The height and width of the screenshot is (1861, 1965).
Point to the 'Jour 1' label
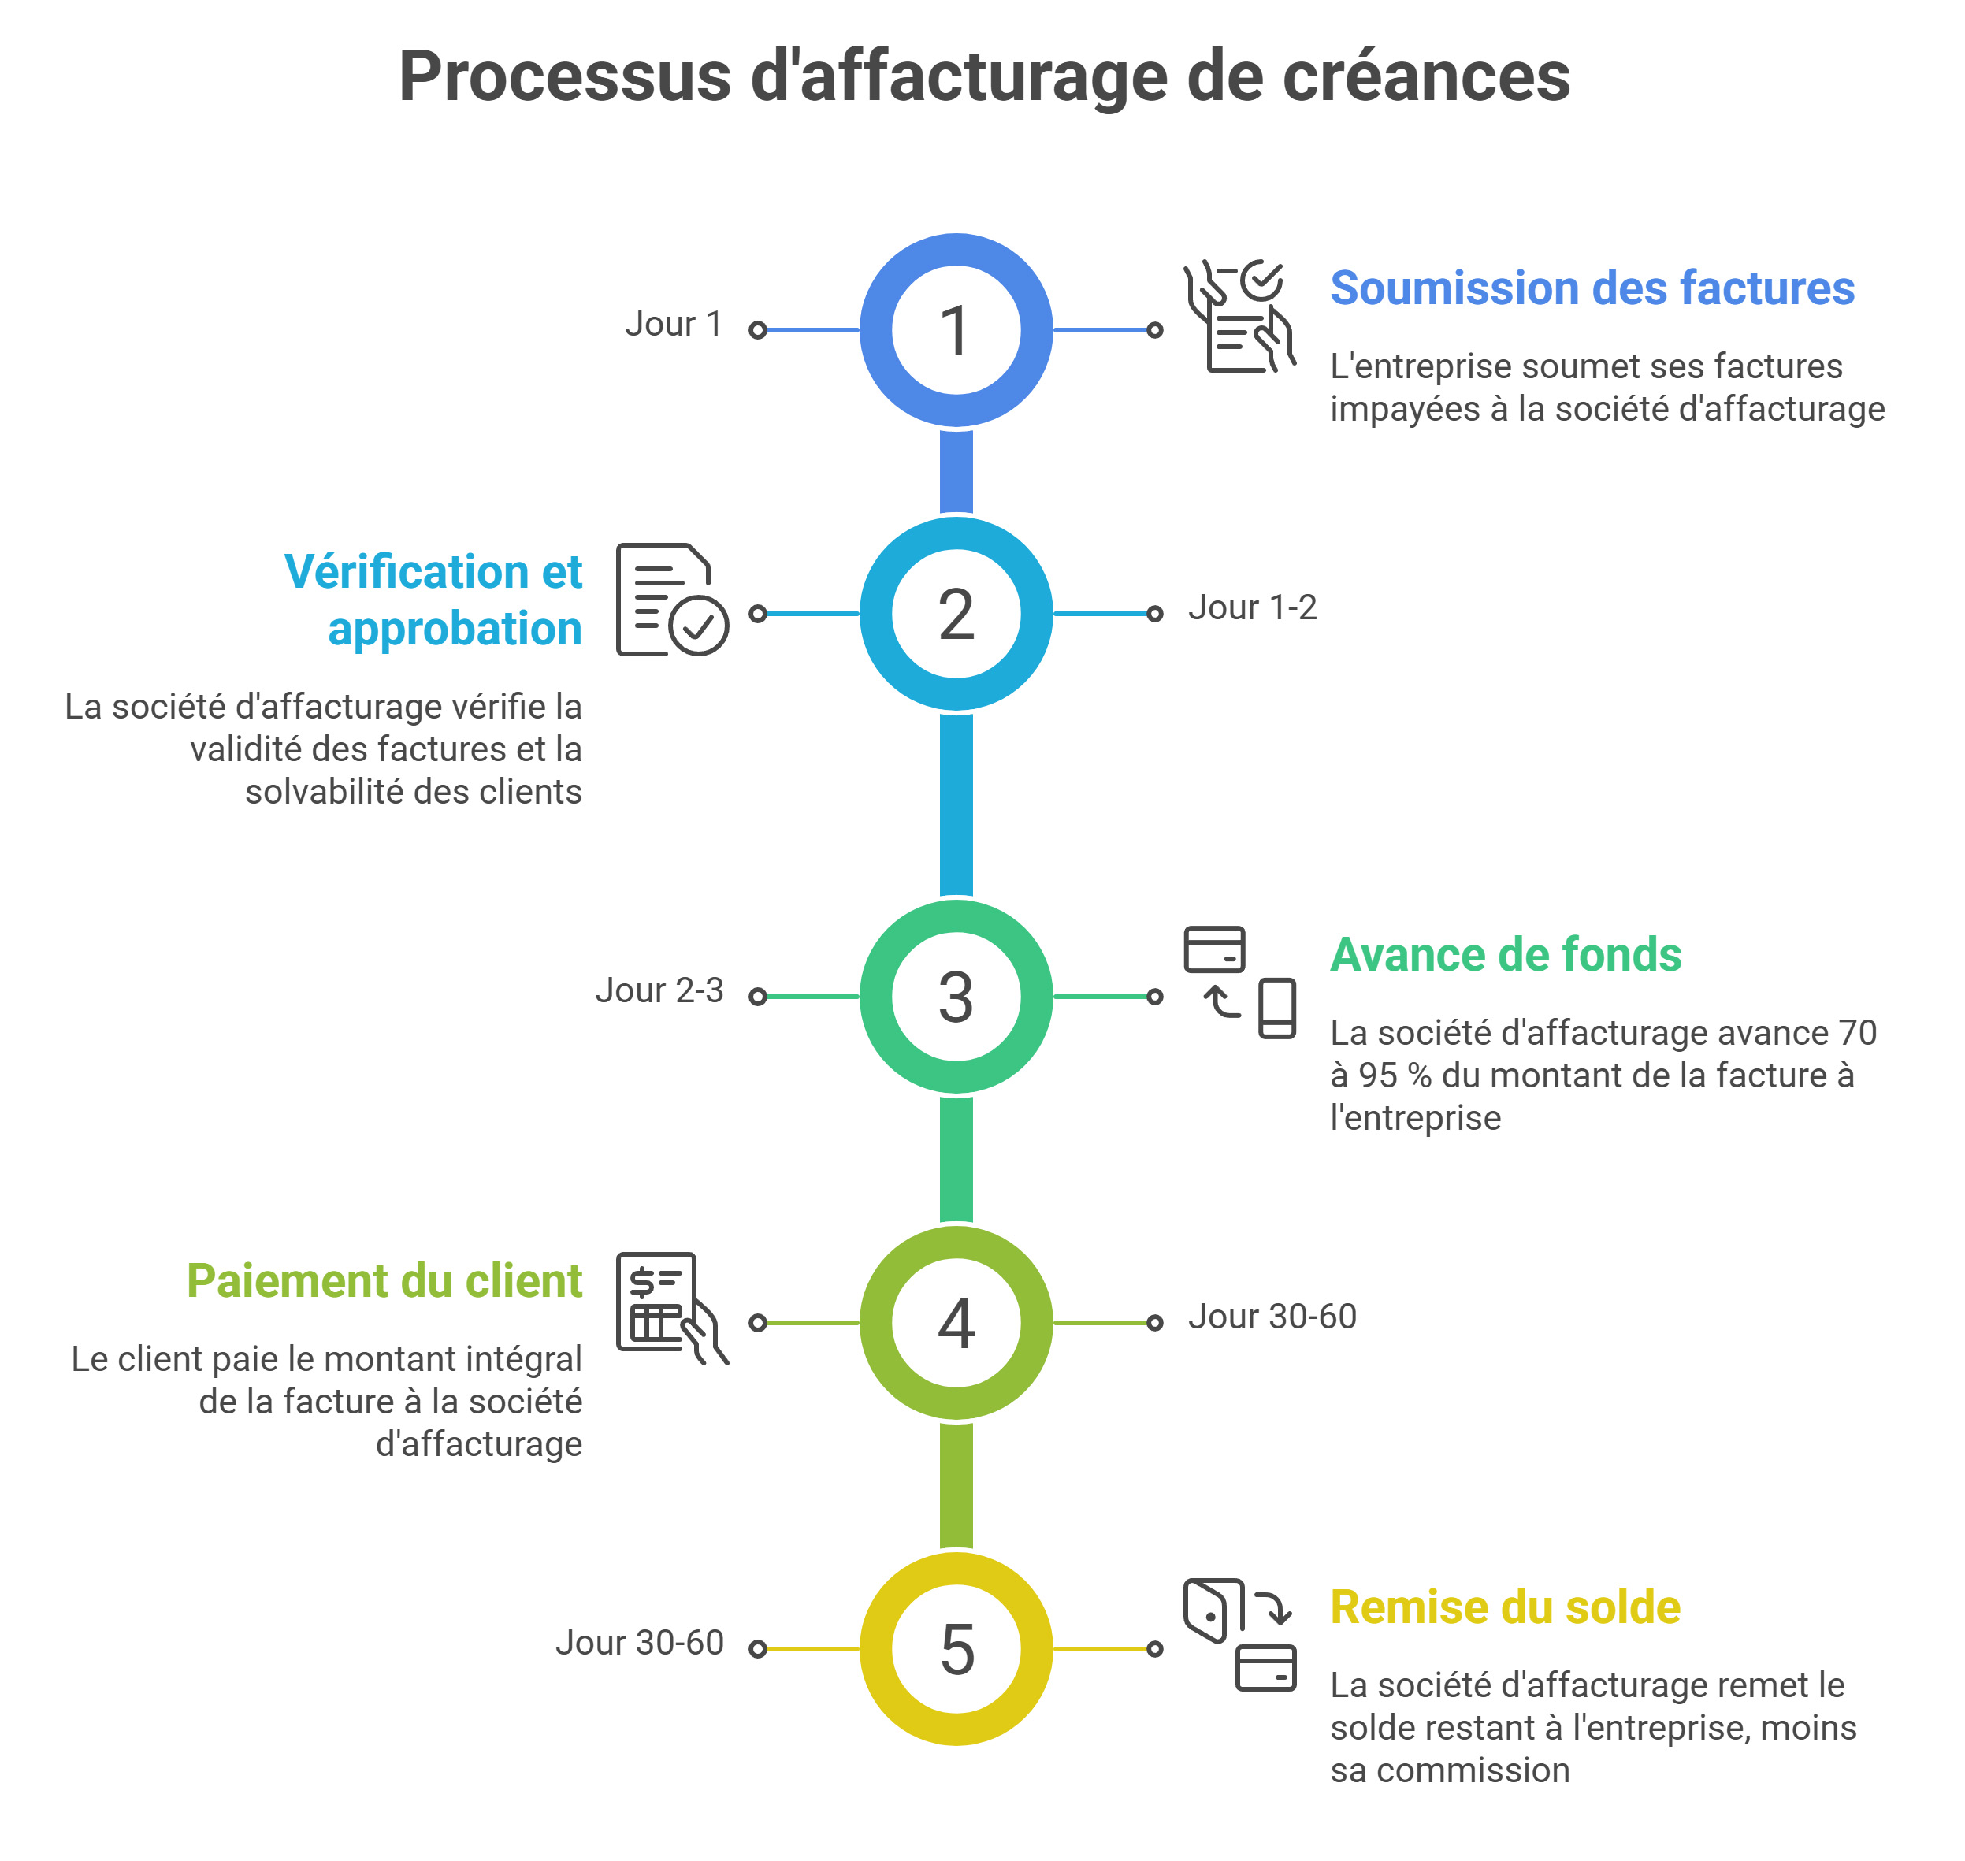coord(673,325)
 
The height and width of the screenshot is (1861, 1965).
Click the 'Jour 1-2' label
coord(1252,607)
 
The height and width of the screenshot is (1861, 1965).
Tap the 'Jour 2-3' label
coord(659,990)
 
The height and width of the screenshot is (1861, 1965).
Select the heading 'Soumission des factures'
coord(1591,288)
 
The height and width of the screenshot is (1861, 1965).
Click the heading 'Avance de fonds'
coord(1505,954)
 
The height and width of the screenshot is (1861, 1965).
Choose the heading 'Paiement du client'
coord(384,1280)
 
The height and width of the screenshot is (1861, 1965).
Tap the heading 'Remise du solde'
coord(1505,1607)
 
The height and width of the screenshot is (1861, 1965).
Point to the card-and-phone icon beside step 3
coord(1240,982)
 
